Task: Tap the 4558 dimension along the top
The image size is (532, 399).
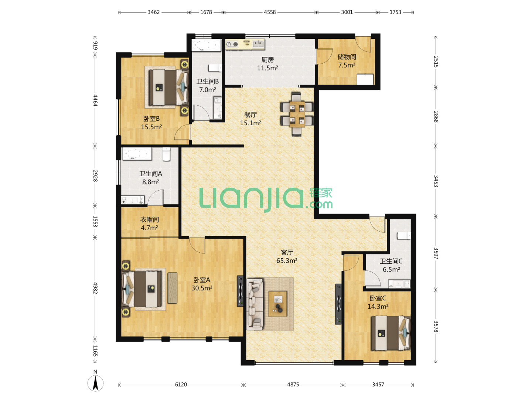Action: click(270, 12)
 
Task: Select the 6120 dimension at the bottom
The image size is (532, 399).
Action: click(181, 385)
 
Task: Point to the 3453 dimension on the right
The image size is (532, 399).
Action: click(436, 181)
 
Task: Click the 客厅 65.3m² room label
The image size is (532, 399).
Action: click(287, 256)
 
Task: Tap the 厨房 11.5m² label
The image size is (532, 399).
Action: click(267, 64)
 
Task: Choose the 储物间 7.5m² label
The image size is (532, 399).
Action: click(347, 61)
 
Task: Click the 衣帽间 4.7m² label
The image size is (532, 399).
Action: click(149, 224)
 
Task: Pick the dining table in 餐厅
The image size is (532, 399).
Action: click(297, 114)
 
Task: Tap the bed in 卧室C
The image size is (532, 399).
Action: click(391, 333)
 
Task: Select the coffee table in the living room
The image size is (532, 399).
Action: click(277, 304)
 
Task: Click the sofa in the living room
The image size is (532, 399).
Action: click(255, 304)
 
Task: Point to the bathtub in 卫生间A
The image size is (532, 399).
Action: click(137, 154)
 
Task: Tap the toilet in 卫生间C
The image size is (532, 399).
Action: click(403, 236)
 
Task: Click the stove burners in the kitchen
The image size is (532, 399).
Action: click(232, 44)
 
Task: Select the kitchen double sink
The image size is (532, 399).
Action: click(258, 44)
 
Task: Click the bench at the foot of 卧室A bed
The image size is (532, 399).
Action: click(173, 288)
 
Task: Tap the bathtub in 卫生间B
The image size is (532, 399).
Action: click(206, 45)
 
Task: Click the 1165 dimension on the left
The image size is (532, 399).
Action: click(95, 351)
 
